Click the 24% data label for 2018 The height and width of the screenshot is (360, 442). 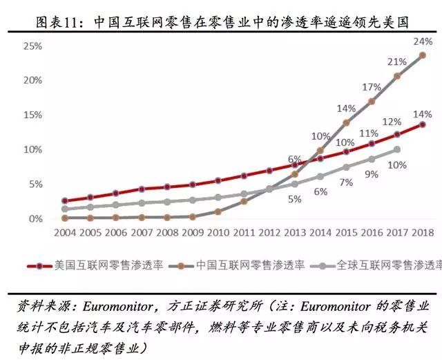point(423,41)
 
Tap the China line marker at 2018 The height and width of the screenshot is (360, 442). point(423,55)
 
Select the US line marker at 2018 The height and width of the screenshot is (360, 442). point(423,124)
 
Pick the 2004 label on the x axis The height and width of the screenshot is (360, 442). point(65,234)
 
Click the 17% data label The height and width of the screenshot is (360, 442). point(372,87)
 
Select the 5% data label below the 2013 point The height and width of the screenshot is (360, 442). point(295,199)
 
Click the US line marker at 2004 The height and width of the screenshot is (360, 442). point(65,200)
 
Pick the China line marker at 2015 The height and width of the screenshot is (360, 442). point(346,123)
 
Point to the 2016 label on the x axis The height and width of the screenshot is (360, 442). point(372,234)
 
